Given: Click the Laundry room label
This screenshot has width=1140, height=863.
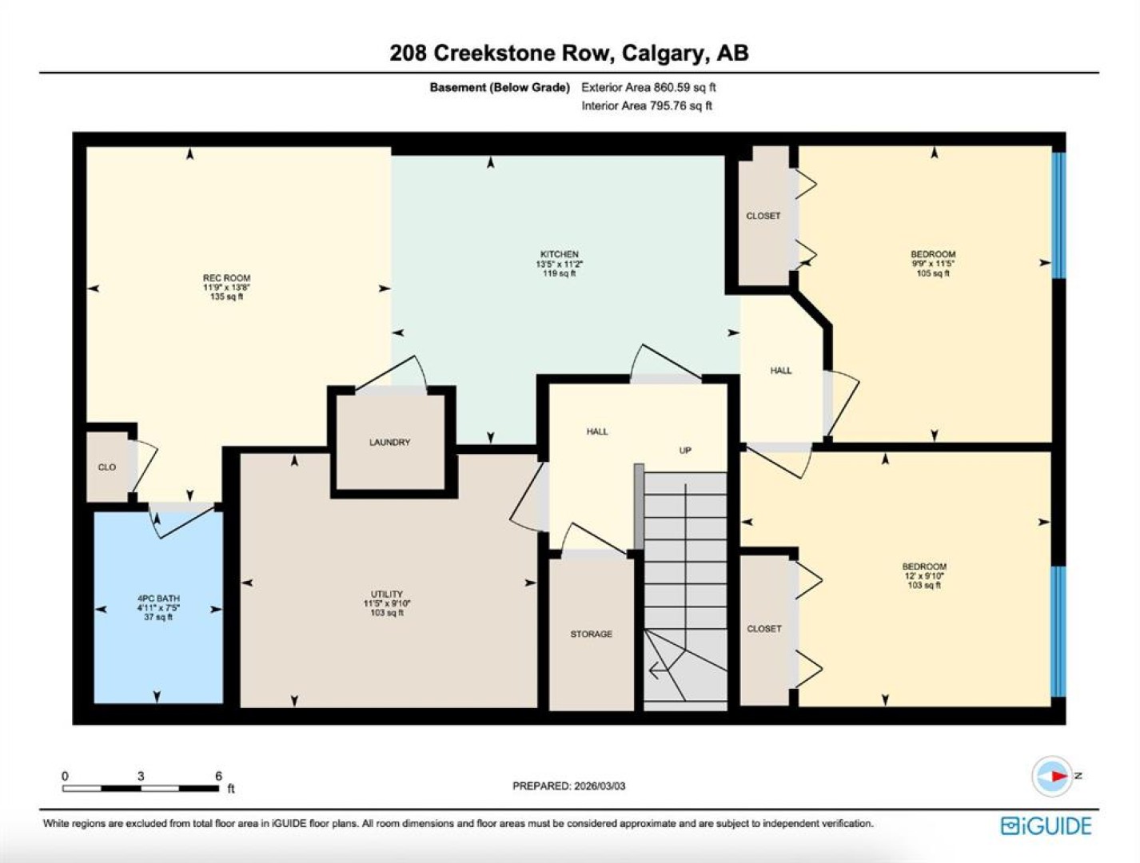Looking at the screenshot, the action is (389, 442).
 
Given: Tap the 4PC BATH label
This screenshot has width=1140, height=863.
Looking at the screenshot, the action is (158, 599).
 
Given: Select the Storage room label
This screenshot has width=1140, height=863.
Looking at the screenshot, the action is (591, 634).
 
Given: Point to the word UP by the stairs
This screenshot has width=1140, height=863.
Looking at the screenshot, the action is (685, 451).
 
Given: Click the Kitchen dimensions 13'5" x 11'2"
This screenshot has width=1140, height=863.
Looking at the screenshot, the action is (560, 264).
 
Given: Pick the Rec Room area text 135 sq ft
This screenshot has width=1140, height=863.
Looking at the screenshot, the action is (226, 296).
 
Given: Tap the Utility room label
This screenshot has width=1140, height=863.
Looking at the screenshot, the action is (387, 594).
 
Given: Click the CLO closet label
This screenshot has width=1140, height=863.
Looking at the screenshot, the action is (107, 467).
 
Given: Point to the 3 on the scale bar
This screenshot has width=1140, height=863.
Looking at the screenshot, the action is (141, 776).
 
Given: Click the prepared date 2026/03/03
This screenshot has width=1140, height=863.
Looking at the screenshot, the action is (600, 786).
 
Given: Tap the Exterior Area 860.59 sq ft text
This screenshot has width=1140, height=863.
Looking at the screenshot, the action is (648, 87).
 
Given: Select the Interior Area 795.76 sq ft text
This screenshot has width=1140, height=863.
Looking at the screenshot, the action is (646, 105).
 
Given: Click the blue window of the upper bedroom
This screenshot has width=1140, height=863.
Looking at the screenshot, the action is (1058, 215).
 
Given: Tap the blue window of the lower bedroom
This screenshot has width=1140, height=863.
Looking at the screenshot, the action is (1058, 631).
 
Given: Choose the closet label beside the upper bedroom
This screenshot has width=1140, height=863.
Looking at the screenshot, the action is (763, 216).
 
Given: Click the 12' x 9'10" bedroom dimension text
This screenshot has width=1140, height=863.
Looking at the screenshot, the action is (924, 575).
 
